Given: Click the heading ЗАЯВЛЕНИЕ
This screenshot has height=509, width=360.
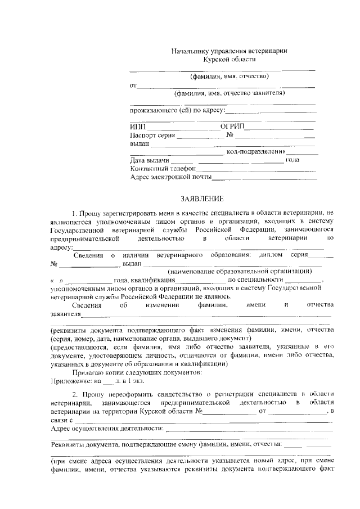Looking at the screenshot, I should coord(202,199).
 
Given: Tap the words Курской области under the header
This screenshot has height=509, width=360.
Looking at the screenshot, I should coord(229,59).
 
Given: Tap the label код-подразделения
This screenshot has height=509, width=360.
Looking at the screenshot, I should coord(256,152).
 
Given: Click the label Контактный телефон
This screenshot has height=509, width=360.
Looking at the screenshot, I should coord(163,168).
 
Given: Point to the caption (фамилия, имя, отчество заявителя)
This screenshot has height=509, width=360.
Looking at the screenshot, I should coord(229,93).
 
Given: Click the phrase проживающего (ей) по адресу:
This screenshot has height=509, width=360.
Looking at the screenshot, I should coord(177,110).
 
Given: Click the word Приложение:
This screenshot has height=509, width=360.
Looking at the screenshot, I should coord(68,381).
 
